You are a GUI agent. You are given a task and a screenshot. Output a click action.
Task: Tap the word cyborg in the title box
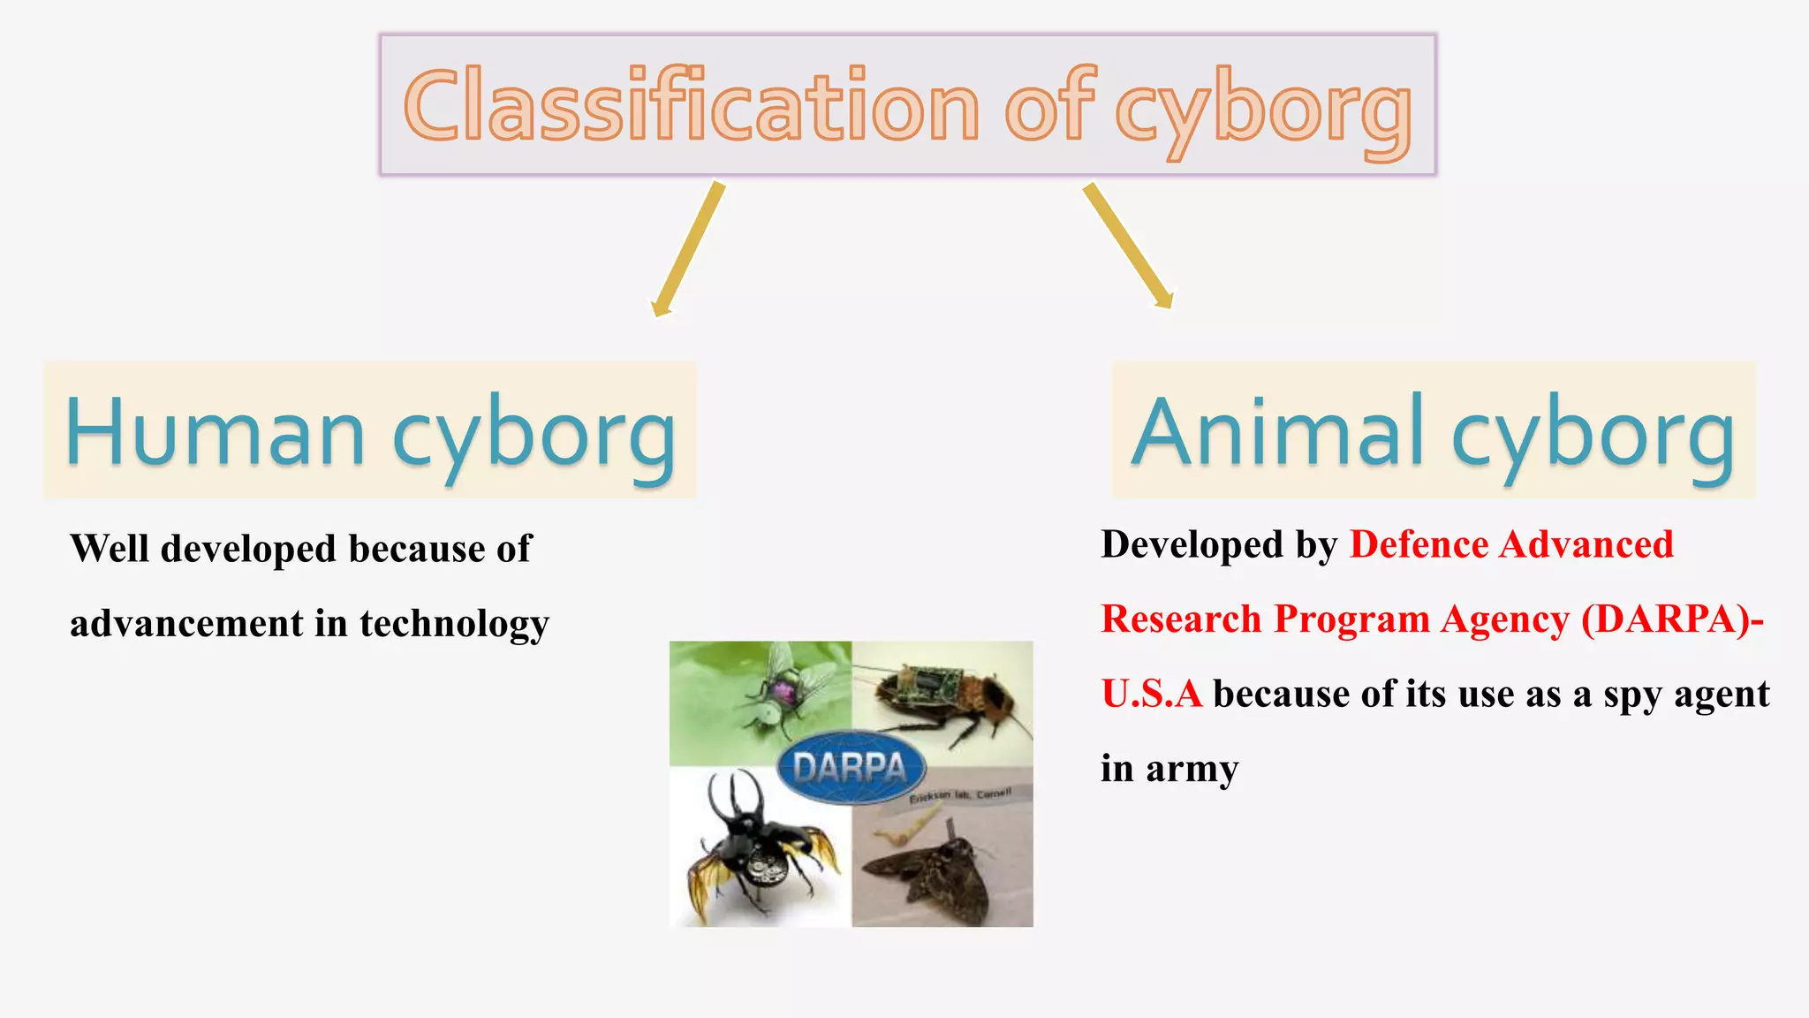(1263, 111)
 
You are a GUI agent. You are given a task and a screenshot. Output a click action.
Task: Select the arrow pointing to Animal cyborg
(1128, 246)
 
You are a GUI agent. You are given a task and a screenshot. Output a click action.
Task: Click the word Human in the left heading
(215, 433)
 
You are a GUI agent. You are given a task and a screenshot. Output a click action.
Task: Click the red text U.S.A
(1151, 694)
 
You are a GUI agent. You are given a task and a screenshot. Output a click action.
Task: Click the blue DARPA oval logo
(851, 767)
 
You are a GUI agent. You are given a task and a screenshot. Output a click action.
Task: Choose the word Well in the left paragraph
(110, 549)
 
